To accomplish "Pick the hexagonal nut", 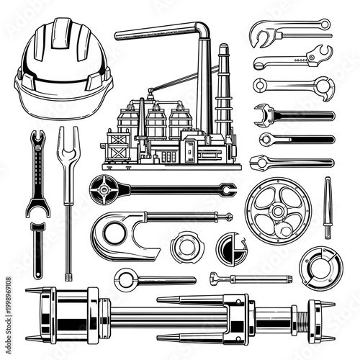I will click(187, 246).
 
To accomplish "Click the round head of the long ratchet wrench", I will click(104, 191).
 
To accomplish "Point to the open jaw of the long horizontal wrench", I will click(228, 190).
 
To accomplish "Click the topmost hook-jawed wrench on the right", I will click(288, 30).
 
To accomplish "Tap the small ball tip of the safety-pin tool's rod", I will click(229, 217).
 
